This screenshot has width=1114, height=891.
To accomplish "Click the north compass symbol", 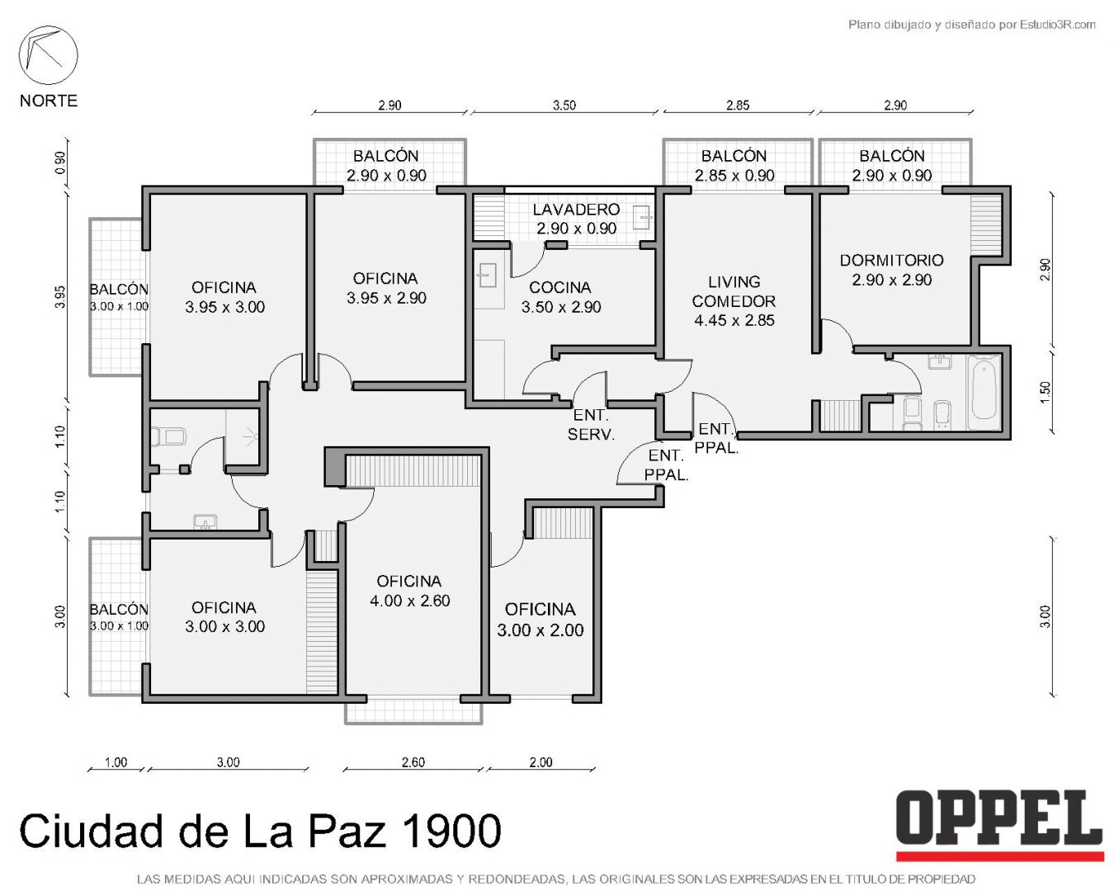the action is pyautogui.click(x=48, y=55).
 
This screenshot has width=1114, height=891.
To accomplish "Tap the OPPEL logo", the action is pyautogui.click(x=999, y=823).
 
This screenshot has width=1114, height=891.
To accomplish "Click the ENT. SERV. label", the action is pyautogui.click(x=591, y=425).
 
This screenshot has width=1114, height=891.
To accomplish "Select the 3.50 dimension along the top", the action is pyautogui.click(x=564, y=106).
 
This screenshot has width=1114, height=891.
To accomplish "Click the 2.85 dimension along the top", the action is pyautogui.click(x=738, y=106).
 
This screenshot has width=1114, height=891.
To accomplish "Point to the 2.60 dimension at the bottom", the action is pyautogui.click(x=413, y=762).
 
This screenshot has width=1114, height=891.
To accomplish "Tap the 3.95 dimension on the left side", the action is pyautogui.click(x=60, y=297).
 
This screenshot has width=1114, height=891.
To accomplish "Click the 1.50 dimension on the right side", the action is pyautogui.click(x=1046, y=391).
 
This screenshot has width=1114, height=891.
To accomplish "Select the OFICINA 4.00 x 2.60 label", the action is pyautogui.click(x=409, y=591).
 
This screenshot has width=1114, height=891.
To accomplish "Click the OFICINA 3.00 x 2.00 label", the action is pyautogui.click(x=540, y=620).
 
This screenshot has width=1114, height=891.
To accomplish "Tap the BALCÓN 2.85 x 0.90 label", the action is pyautogui.click(x=734, y=165).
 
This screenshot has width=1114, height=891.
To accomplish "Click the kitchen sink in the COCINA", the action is pyautogui.click(x=486, y=276).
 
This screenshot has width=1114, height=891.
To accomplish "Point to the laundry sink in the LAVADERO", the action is pyautogui.click(x=643, y=218).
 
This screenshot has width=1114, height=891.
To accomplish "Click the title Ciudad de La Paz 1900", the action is pyautogui.click(x=260, y=832).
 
